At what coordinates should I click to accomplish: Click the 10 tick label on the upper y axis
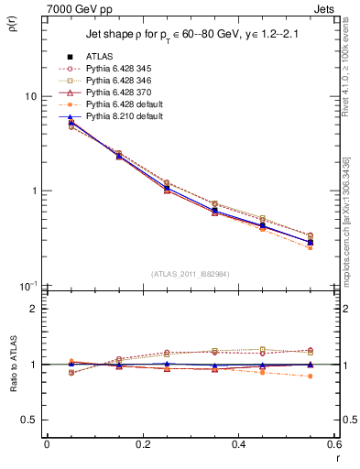[x=30, y=97]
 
